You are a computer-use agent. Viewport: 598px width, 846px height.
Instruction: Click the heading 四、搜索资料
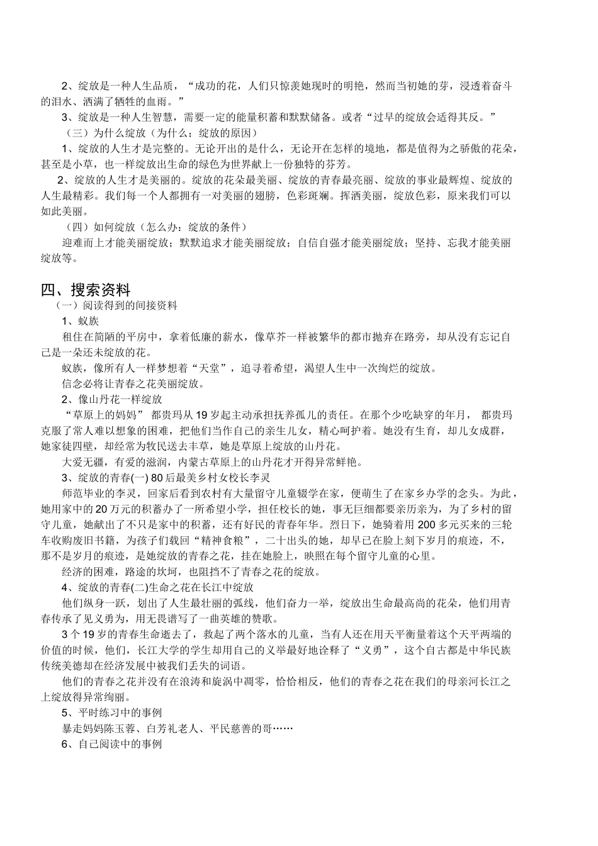(x=86, y=290)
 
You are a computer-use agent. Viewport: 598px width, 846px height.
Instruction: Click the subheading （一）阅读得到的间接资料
(x=116, y=306)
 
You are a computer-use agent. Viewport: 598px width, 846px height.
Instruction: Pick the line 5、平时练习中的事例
(x=112, y=713)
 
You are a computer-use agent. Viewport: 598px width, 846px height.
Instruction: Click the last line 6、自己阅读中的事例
(x=112, y=744)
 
